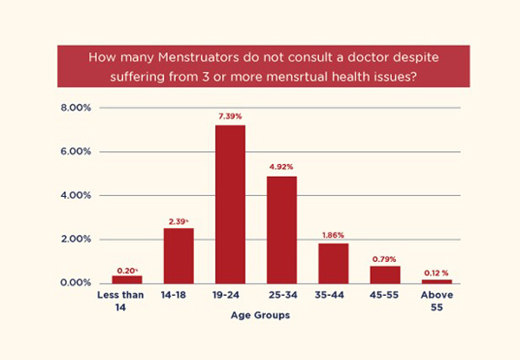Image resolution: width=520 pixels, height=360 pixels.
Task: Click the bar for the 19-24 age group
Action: [230, 204]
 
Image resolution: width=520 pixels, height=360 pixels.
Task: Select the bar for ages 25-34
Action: [282, 229]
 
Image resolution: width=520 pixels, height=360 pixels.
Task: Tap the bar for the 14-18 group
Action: [178, 255]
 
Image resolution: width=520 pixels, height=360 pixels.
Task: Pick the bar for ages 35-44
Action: [333, 263]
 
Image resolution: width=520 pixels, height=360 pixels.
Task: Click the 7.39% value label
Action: [230, 116]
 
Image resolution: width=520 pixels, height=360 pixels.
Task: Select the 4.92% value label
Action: [282, 167]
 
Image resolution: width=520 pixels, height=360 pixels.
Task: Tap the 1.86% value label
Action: [333, 235]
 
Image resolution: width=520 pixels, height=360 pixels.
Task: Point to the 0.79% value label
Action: [384, 258]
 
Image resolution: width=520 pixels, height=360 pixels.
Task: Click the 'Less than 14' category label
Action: [127, 299]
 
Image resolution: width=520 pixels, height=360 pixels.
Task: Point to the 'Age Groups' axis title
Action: [260, 317]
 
